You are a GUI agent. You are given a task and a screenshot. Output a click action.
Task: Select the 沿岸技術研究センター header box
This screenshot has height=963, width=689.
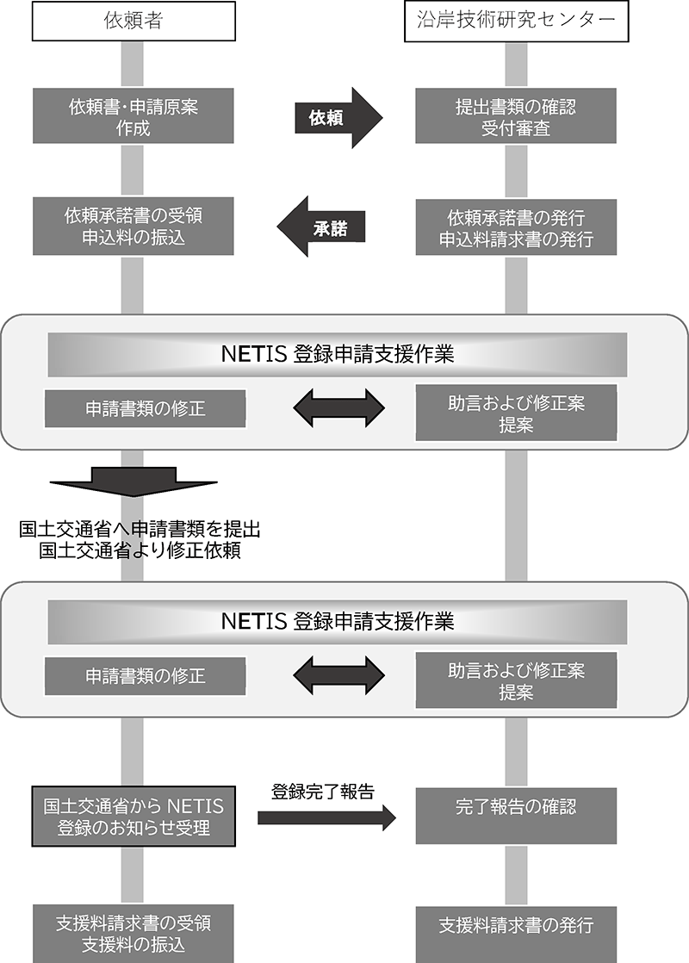pyautogui.click(x=516, y=22)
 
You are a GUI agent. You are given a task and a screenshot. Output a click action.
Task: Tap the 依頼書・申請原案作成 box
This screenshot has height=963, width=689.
pyautogui.click(x=133, y=118)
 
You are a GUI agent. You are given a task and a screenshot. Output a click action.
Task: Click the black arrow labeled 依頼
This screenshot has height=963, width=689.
pyautogui.click(x=338, y=118)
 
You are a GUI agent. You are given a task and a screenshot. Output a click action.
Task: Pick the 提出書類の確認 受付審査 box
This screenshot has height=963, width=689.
pyautogui.click(x=516, y=118)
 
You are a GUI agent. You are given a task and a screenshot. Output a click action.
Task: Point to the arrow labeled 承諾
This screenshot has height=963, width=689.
pyautogui.click(x=323, y=227)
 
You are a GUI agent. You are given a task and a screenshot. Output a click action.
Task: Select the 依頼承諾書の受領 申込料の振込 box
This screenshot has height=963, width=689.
pyautogui.click(x=133, y=227)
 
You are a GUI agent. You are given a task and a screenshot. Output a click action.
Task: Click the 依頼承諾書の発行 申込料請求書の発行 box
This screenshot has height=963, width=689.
pyautogui.click(x=516, y=227)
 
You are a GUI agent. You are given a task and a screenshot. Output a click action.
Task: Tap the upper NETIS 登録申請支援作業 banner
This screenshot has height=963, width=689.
pyautogui.click(x=337, y=354)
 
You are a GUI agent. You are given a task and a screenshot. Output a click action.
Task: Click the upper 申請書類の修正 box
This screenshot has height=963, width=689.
pyautogui.click(x=145, y=409)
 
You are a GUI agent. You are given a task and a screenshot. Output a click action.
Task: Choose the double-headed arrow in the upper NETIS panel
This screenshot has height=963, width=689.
pyautogui.click(x=338, y=408)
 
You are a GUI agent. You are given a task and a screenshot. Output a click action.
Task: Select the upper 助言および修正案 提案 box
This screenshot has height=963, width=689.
pyautogui.click(x=516, y=413)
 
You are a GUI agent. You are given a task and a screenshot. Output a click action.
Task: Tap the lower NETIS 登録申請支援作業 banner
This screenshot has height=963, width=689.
pyautogui.click(x=337, y=621)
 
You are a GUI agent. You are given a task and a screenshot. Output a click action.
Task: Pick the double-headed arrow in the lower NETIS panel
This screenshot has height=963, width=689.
pyautogui.click(x=338, y=675)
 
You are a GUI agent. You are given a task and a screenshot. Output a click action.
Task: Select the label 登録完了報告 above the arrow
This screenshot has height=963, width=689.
pyautogui.click(x=323, y=792)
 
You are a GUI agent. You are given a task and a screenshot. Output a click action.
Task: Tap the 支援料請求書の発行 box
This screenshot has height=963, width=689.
pyautogui.click(x=516, y=927)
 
